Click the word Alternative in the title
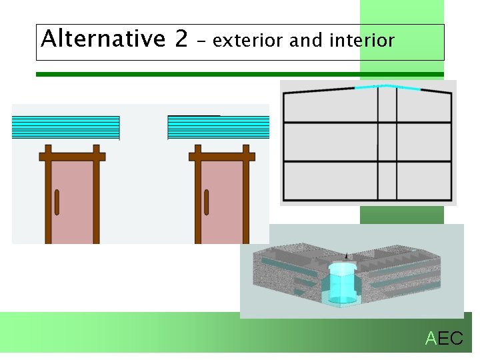[x=102, y=40]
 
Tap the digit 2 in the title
[x=181, y=40]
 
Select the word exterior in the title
[x=249, y=41]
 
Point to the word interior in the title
[x=362, y=41]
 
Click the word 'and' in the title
[x=306, y=41]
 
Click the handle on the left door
[x=57, y=202]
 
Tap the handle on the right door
[x=207, y=202]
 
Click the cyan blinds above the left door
[x=65, y=127]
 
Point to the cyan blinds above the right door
[x=219, y=127]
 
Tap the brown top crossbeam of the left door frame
[x=72, y=157]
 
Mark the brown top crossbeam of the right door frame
[x=222, y=157]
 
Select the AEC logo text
[x=444, y=339]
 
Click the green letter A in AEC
[x=431, y=339]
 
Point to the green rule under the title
[x=240, y=74]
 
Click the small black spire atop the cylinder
[x=345, y=256]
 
